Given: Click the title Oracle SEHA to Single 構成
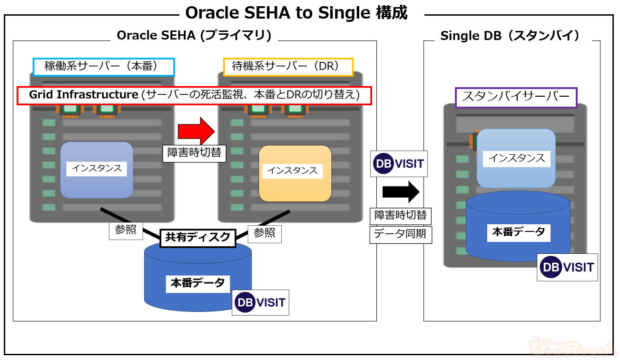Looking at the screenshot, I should (x=296, y=13).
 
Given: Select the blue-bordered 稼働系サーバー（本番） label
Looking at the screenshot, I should (x=104, y=67).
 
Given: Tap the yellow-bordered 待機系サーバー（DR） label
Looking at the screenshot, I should (x=288, y=67).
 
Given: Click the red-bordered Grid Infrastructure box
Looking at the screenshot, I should (x=194, y=95).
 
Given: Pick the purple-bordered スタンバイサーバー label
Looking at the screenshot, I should (x=516, y=97).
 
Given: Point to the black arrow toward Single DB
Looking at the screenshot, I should (x=401, y=192).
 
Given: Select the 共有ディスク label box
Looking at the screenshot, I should (x=198, y=237).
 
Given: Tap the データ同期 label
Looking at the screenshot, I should (x=401, y=234).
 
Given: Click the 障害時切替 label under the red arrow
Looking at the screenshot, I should (x=194, y=153).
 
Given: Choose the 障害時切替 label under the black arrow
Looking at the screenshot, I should (x=401, y=215).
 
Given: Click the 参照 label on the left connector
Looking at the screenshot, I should (x=126, y=230).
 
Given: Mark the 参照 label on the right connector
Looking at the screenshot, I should (x=264, y=234).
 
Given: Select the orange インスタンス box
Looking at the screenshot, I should (x=295, y=173).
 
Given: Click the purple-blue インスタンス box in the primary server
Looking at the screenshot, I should (x=97, y=170).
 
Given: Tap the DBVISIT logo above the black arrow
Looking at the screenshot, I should (x=399, y=164).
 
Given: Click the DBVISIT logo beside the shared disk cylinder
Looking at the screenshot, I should (x=261, y=302).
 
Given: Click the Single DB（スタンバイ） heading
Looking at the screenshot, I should (x=512, y=36).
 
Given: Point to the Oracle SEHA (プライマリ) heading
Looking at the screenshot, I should (x=194, y=36).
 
